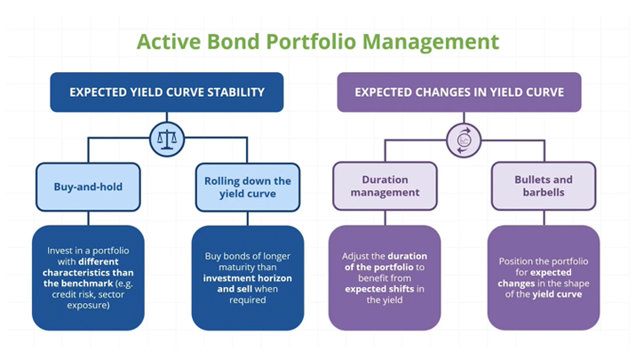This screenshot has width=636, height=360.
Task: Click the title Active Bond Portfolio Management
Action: (x=317, y=41)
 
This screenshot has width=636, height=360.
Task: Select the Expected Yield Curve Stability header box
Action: (x=167, y=92)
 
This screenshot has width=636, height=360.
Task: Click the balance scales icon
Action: (x=167, y=139)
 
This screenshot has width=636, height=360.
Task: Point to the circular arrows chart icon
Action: (x=463, y=139)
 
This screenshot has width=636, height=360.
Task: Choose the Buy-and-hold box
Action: (x=88, y=187)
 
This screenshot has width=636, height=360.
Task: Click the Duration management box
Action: (x=385, y=187)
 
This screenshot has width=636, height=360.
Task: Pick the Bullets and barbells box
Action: (x=544, y=187)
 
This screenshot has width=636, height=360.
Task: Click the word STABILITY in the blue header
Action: (x=231, y=92)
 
